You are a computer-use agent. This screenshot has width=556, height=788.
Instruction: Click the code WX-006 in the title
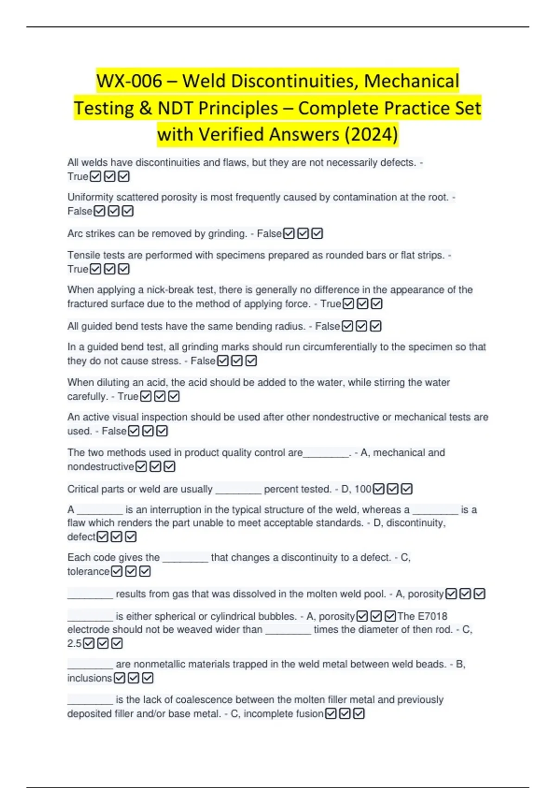pyautogui.click(x=129, y=81)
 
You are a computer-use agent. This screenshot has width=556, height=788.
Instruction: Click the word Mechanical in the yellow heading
pyautogui.click(x=411, y=81)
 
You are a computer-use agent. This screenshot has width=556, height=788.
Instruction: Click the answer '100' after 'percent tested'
pyautogui.click(x=363, y=489)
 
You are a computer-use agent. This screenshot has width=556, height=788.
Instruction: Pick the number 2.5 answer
pyautogui.click(x=74, y=643)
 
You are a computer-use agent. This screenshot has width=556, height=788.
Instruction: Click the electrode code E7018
pyautogui.click(x=432, y=616)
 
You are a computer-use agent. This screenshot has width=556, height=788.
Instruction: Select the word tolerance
pyautogui.click(x=88, y=572)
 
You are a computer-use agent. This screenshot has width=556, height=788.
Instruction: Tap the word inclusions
pyautogui.click(x=89, y=678)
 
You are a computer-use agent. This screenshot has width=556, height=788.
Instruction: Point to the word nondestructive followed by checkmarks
pyautogui.click(x=101, y=467)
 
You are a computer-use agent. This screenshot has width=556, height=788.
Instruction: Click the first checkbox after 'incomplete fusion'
pyautogui.click(x=331, y=714)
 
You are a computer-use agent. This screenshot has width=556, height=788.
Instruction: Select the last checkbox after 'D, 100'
pyautogui.click(x=407, y=489)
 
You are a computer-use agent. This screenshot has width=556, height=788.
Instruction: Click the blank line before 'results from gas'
pyautogui.click(x=90, y=595)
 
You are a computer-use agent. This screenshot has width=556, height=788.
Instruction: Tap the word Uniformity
pyautogui.click(x=90, y=197)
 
